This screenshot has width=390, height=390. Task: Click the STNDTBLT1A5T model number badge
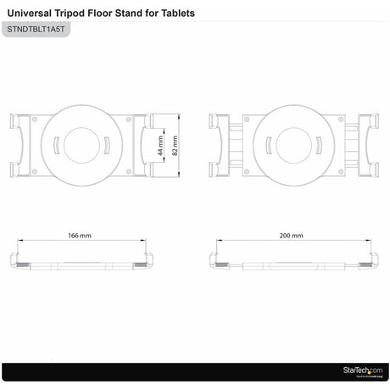point(35,30)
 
